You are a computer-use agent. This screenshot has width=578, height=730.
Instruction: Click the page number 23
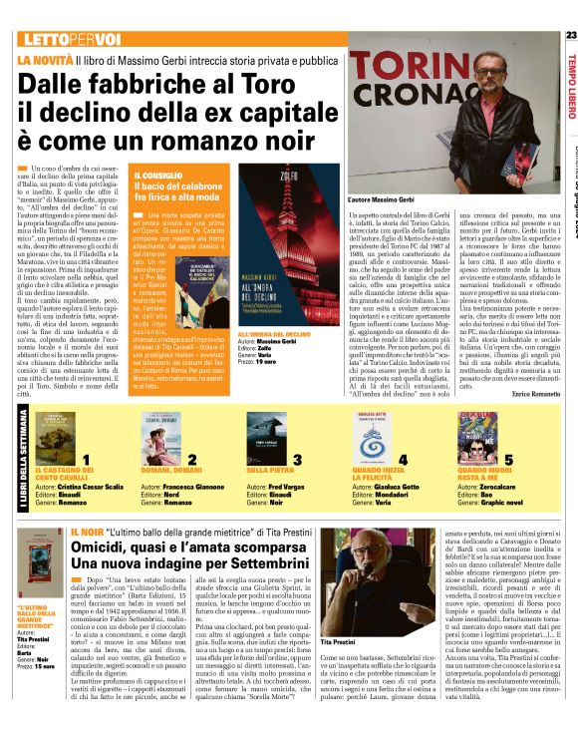click(569, 36)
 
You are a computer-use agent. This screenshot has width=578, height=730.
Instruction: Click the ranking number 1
click(88, 459)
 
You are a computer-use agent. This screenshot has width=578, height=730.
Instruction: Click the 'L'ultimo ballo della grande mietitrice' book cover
click(41, 571)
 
